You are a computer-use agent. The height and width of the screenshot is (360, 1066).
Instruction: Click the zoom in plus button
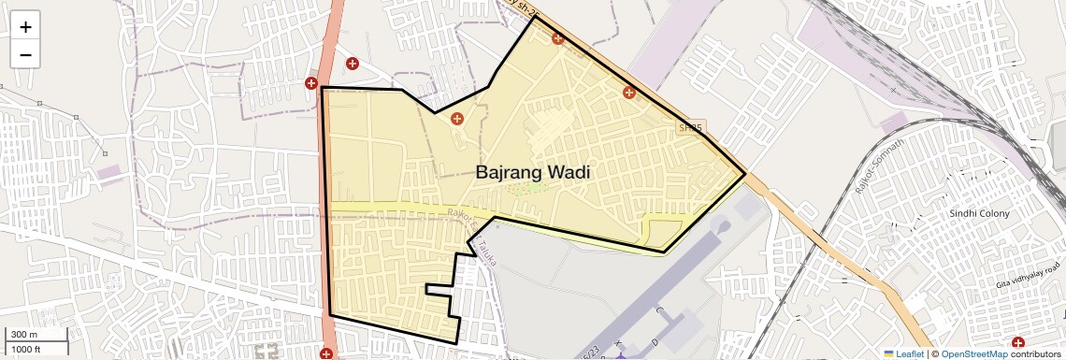(25, 27)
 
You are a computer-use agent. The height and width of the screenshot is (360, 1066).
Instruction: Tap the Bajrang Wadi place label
(533, 172)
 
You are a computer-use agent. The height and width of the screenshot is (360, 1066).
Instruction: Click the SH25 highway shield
(691, 126)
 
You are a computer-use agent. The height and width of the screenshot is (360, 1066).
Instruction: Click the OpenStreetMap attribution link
(974, 353)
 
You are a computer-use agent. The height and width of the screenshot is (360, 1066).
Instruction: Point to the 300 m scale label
(22, 335)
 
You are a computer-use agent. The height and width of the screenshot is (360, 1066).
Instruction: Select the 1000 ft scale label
(25, 349)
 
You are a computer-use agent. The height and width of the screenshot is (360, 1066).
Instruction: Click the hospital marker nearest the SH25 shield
(629, 93)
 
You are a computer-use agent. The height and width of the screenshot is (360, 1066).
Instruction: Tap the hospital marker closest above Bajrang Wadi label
(457, 119)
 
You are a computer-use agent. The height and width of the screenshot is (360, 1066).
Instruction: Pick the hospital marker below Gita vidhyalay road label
(1017, 343)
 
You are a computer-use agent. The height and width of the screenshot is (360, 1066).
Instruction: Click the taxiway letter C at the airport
(658, 310)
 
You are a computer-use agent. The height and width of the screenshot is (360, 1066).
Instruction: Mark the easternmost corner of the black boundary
(745, 174)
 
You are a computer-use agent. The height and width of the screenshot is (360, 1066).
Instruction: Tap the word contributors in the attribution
(1036, 353)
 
